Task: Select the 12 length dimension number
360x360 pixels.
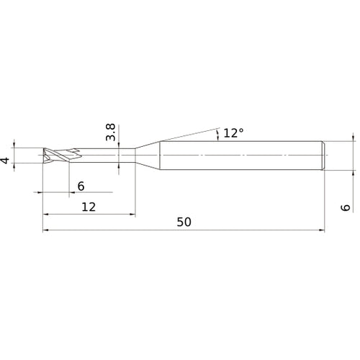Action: [x=89, y=206]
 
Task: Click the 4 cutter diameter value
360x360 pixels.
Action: [x=7, y=161]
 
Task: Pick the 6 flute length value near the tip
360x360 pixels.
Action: [x=81, y=186]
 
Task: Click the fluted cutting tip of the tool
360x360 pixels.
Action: [x=56, y=156]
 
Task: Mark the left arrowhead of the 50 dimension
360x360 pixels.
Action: [x=47, y=231]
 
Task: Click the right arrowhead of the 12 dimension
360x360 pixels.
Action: [x=132, y=215]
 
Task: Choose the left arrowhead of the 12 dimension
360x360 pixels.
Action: [x=47, y=215]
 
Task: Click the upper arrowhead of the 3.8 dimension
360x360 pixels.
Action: [x=119, y=146]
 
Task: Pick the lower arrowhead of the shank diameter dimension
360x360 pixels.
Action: [x=353, y=174]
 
